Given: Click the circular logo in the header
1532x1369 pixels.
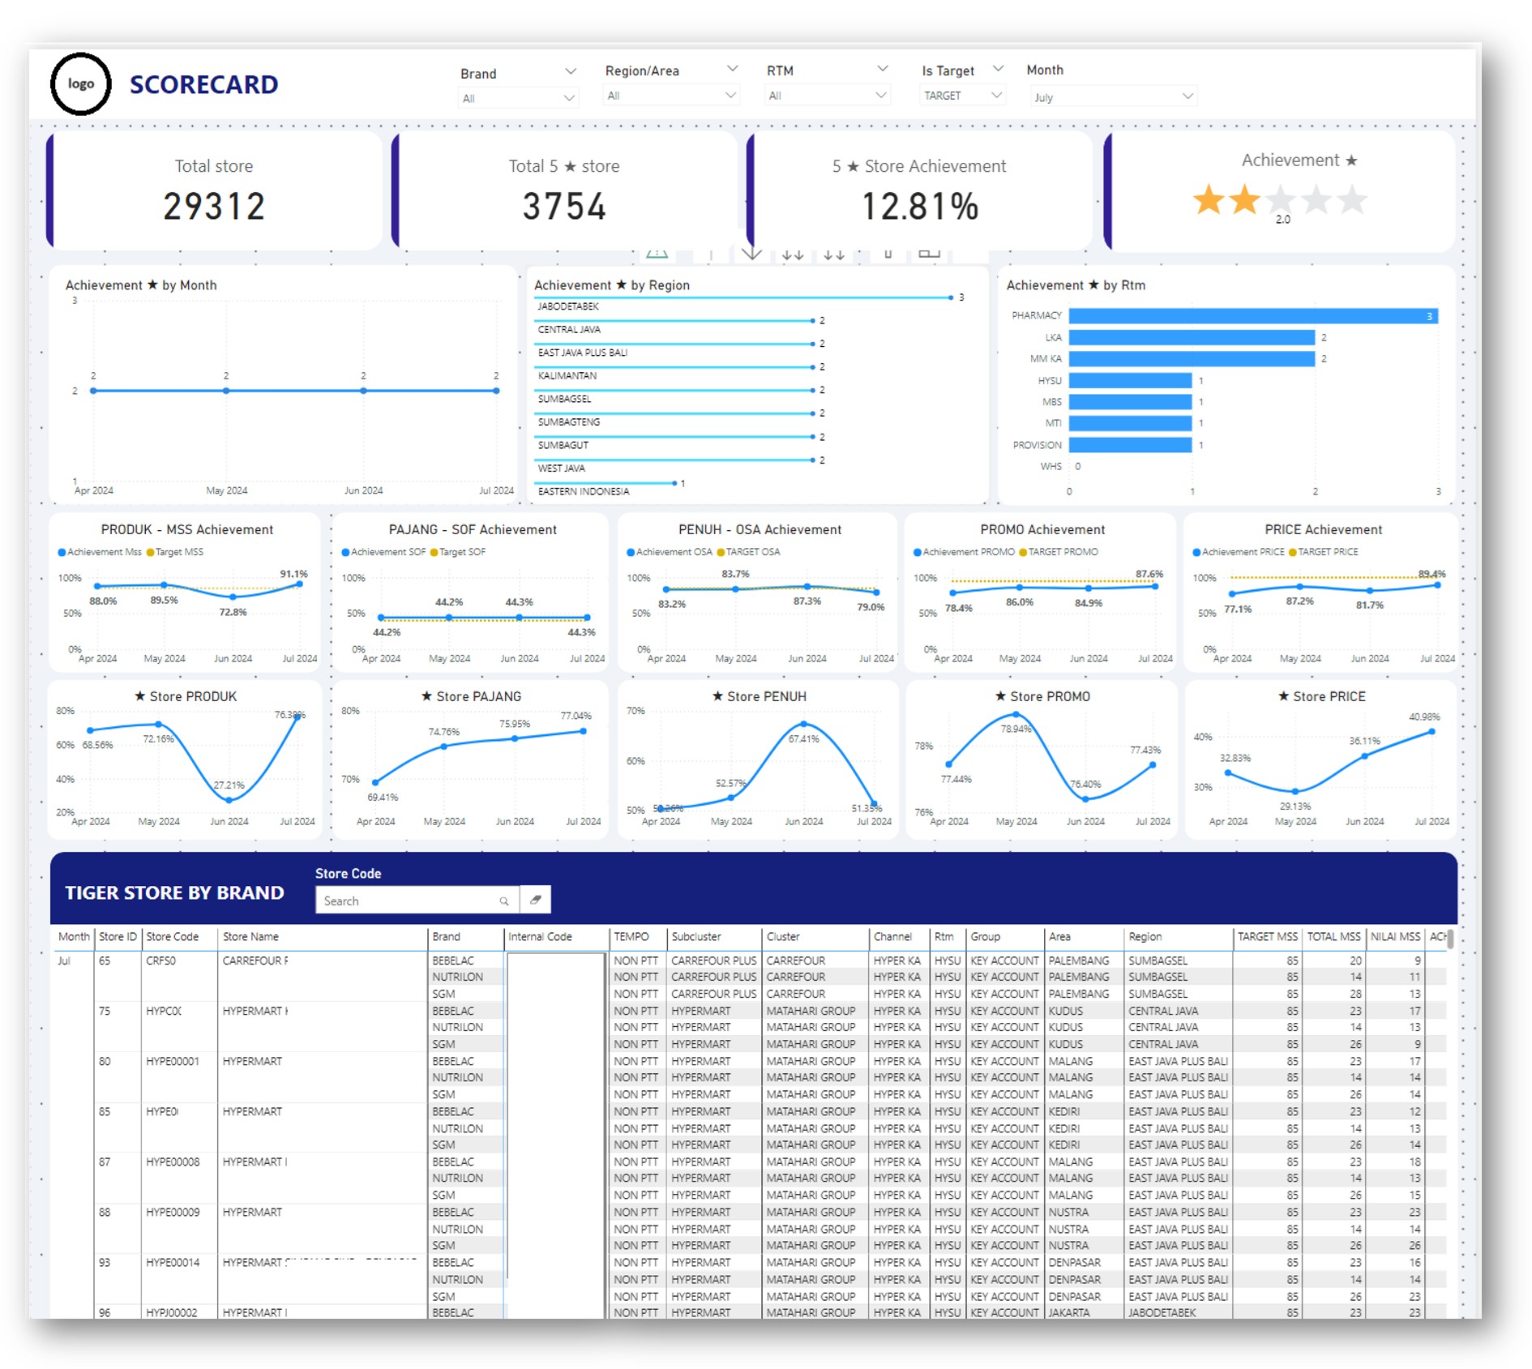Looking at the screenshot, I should click(x=80, y=83).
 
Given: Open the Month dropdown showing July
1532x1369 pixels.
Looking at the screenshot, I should click(x=1111, y=97).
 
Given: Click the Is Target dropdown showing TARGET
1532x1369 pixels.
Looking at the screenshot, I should click(x=962, y=96).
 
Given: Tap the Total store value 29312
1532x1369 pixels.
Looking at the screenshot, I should click(x=214, y=207).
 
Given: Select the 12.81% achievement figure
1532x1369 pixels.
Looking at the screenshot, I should click(x=919, y=207).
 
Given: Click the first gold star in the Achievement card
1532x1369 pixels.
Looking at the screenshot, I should click(x=1208, y=199).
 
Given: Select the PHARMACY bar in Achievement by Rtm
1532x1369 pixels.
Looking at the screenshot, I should click(x=1252, y=316).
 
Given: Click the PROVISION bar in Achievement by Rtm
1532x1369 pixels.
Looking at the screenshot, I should click(x=1130, y=445).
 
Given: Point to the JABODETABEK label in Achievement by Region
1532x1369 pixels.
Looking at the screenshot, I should click(x=568, y=306).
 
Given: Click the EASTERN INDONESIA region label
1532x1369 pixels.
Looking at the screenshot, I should click(x=584, y=491).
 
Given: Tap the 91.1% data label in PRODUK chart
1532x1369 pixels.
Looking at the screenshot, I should click(x=293, y=574).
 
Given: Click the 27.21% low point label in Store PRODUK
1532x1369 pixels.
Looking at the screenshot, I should click(x=229, y=785).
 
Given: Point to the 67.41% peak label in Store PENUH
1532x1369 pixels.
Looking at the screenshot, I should click(x=803, y=738).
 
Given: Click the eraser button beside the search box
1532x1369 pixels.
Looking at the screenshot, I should click(x=536, y=900).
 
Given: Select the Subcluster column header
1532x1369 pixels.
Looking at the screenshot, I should click(x=696, y=936).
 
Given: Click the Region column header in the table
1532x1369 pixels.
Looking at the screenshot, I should click(x=1145, y=936).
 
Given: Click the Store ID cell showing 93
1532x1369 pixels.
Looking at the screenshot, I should click(x=105, y=1262).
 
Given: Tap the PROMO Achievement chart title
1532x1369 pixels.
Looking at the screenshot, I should click(x=1042, y=529).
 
